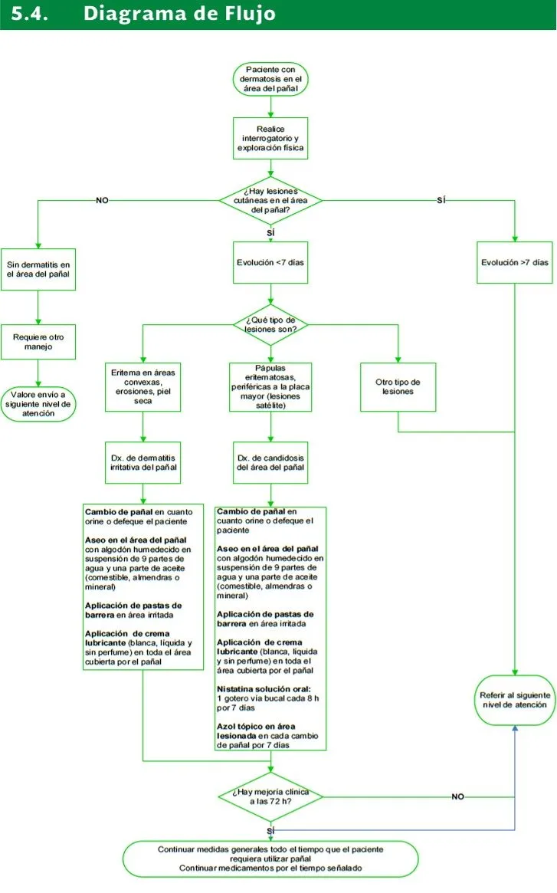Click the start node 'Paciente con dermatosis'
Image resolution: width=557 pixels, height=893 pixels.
pos(270,79)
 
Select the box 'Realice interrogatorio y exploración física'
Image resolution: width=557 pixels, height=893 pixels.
pos(270,139)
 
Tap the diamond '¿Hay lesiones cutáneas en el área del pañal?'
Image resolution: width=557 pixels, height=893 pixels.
pos(270,201)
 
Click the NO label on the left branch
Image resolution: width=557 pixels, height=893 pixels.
pos(102,201)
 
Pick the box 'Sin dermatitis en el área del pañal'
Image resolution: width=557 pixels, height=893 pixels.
pos(38,269)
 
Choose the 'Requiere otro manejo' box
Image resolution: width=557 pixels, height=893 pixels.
pos(38,342)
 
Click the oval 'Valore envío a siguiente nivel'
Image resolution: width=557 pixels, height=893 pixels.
pos(38,405)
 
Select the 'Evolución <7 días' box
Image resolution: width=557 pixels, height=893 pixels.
pos(270,263)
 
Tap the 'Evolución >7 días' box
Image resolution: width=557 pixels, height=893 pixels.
pos(515,263)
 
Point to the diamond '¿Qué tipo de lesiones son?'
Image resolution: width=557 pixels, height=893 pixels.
pos(270,325)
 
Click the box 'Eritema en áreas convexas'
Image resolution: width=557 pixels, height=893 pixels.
pos(143,386)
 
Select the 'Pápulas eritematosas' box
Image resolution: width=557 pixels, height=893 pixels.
pos(270,386)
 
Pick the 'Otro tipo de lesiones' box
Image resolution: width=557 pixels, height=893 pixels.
pos(398,386)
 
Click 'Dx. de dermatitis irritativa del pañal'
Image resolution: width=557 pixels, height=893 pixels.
pos(143,462)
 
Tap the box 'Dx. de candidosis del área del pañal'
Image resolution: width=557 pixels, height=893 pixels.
pos(270,462)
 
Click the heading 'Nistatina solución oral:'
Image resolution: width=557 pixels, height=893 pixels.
pos(264,689)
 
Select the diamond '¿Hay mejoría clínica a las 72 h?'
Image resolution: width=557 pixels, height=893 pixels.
pos(270,796)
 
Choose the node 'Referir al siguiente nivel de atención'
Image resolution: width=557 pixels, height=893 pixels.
pos(515,700)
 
